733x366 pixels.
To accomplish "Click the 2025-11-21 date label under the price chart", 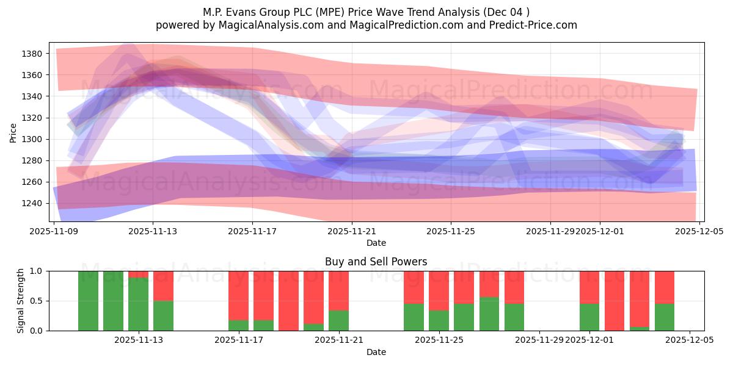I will [352, 232].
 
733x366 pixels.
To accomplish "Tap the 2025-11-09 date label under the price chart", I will [55, 232].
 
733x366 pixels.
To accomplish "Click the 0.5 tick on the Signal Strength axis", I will [37, 301].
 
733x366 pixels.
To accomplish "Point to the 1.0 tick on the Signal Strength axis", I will [37, 271].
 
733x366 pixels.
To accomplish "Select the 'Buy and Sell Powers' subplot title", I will [376, 262].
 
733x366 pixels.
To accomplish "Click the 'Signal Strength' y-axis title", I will [21, 301].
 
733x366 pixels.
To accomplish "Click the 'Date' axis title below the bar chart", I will [376, 352].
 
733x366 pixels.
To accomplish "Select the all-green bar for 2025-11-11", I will [113, 301].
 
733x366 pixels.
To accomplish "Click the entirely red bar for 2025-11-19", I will [288, 301].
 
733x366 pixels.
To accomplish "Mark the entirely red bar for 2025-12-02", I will [614, 301].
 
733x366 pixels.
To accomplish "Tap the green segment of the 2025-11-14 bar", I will [163, 315].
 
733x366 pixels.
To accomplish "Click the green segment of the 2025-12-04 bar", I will [665, 317].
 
